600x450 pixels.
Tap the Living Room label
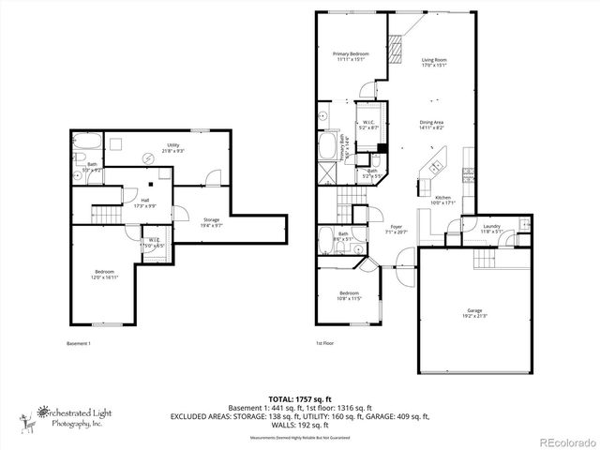(432, 61)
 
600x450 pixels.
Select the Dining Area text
(431, 125)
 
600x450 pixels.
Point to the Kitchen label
(443, 200)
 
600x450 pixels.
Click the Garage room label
(474, 312)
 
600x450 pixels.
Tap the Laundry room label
(492, 229)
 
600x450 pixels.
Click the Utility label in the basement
(173, 148)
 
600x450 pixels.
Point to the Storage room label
(211, 223)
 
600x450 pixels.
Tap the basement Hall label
(145, 202)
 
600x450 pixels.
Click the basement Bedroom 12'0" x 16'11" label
(103, 275)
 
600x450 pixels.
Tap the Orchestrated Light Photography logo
(75, 416)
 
